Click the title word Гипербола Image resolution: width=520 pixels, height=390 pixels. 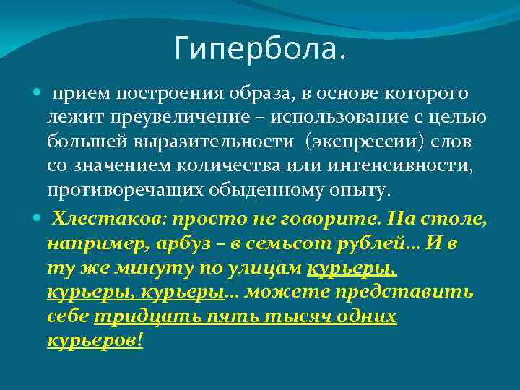(x=260, y=49)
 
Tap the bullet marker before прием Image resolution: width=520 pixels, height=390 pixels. (x=38, y=94)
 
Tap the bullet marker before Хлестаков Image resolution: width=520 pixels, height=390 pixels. (x=38, y=218)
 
